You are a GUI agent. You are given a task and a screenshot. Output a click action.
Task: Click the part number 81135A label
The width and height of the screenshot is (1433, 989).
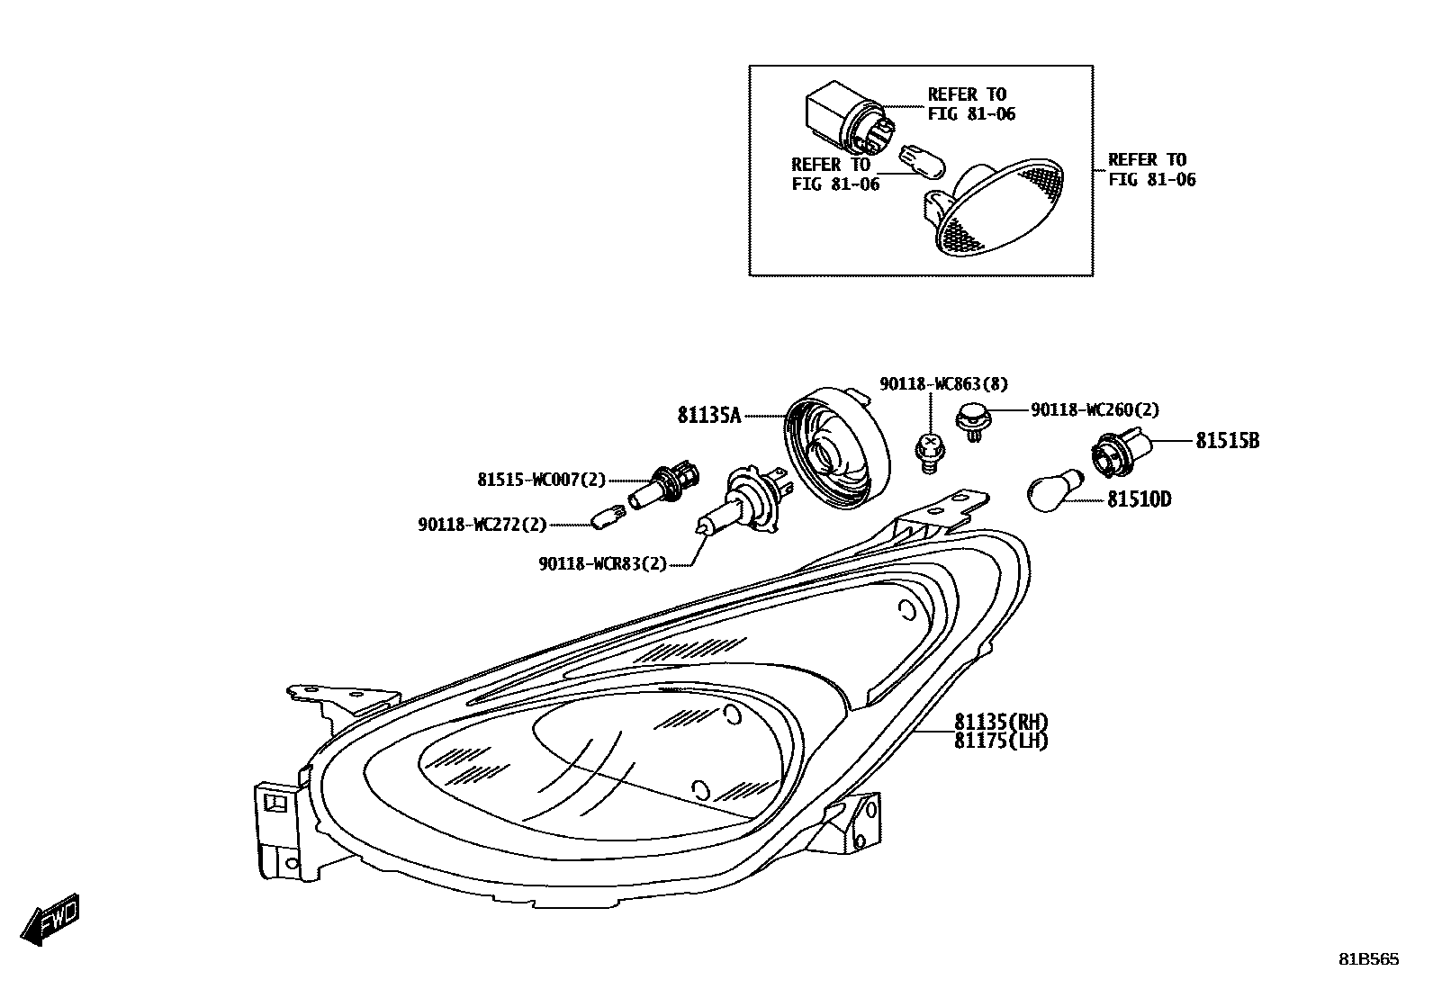pyautogui.click(x=708, y=416)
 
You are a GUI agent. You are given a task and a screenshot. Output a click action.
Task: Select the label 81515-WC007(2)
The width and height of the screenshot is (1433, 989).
pyautogui.click(x=541, y=481)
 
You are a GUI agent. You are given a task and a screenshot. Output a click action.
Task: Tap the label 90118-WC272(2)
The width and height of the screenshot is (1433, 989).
pyautogui.click(x=482, y=525)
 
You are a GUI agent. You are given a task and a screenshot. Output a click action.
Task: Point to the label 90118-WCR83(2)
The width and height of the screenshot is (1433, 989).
pyautogui.click(x=603, y=564)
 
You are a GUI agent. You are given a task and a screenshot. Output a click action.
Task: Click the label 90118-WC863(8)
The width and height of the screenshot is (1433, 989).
pyautogui.click(x=943, y=384)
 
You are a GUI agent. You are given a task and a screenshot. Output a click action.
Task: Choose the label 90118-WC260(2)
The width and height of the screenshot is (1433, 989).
pyautogui.click(x=1095, y=410)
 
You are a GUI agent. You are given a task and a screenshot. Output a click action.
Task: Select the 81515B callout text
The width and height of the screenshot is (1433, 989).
pyautogui.click(x=1227, y=441)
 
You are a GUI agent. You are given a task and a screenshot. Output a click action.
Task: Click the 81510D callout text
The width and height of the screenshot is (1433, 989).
pyautogui.click(x=1139, y=499)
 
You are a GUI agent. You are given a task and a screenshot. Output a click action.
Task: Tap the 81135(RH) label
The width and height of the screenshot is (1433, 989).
pyautogui.click(x=1001, y=722)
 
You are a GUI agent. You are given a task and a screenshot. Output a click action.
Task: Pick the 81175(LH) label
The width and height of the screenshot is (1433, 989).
pyautogui.click(x=1001, y=742)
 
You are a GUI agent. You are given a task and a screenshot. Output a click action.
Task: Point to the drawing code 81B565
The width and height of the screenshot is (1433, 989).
pyautogui.click(x=1367, y=960)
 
